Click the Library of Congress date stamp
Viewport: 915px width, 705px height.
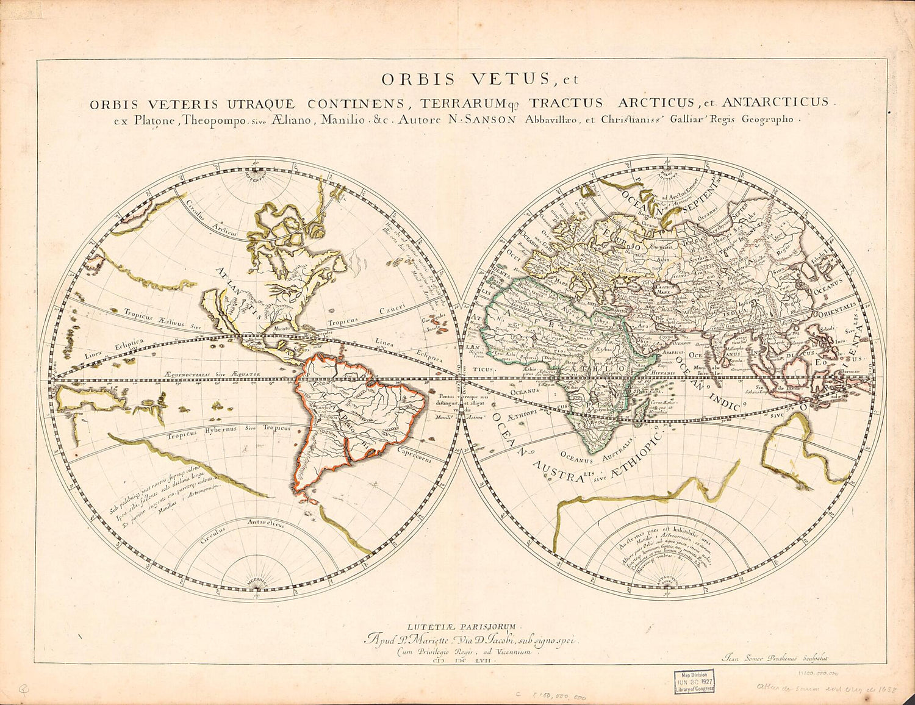click(x=694, y=681)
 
